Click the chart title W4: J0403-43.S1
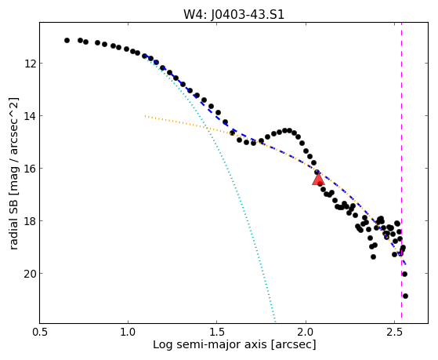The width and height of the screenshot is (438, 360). [x=233, y=15]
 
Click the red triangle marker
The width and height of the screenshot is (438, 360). [x=318, y=180]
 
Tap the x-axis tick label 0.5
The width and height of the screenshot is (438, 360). [x=40, y=332]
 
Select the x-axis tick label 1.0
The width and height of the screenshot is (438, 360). [x=129, y=332]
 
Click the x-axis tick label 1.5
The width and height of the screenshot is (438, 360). [x=217, y=332]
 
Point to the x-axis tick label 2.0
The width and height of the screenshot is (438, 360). [x=306, y=332]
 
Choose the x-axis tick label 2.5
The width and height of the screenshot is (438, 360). [x=394, y=332]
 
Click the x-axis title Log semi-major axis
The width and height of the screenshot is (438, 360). [x=210, y=344]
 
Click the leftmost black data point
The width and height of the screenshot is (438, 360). [x=67, y=41]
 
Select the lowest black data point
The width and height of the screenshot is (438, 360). [x=405, y=296]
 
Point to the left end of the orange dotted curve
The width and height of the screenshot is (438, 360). [x=145, y=116]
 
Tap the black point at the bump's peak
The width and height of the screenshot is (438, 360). [x=285, y=131]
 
